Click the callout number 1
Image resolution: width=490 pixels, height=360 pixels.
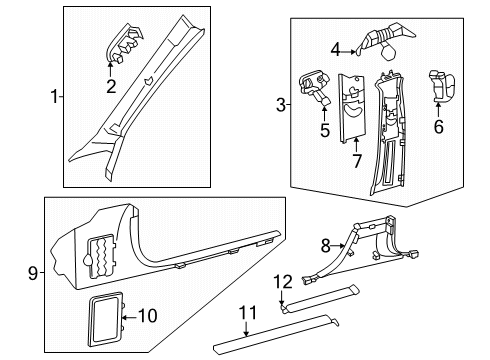(54, 97)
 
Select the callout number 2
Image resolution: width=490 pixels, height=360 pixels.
(111, 86)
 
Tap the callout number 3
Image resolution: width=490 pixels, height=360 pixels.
(281, 105)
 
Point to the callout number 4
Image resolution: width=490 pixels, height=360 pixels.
(336, 51)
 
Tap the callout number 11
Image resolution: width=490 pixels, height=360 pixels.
(248, 313)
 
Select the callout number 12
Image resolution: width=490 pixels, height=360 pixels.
(283, 282)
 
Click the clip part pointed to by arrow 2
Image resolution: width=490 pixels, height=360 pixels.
(124, 43)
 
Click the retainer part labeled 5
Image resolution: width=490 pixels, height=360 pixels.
(314, 88)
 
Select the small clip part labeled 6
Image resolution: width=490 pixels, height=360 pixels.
(442, 86)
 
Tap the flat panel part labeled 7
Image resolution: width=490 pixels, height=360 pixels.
(352, 108)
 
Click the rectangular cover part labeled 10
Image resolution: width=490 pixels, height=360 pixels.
(106, 320)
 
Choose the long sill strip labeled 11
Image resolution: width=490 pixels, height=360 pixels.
(276, 333)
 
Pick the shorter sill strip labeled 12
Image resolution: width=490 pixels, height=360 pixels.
(319, 299)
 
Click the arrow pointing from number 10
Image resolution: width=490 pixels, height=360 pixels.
(130, 317)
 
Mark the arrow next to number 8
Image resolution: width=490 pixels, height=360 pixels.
(338, 246)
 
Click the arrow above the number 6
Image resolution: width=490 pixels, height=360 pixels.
(438, 110)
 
